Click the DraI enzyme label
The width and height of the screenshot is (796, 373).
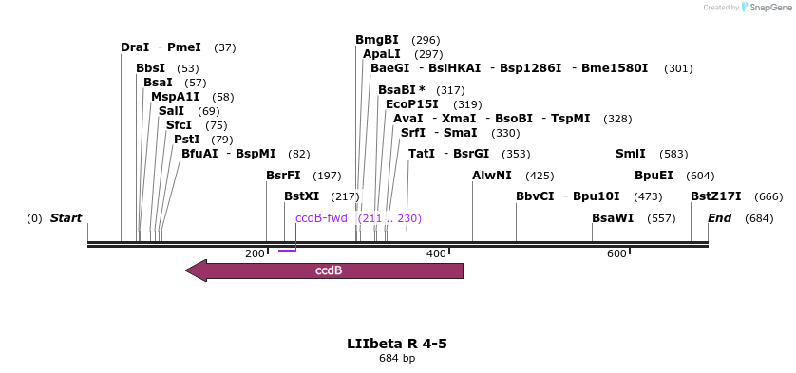coord(134,47)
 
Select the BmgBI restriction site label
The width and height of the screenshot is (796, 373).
coord(377,40)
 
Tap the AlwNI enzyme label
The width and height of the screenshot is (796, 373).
coord(492,176)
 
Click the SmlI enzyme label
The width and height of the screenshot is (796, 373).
coord(631,154)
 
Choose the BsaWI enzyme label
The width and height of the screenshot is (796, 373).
coord(613,218)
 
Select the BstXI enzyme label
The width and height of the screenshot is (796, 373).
coord(302,196)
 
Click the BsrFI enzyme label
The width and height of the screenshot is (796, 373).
coord(283,176)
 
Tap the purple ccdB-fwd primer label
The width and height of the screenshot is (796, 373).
coord(321,218)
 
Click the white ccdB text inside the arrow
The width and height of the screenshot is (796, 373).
coord(329,270)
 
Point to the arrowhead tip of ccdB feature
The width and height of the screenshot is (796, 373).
coord(187,270)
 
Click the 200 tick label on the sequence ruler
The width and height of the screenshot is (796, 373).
coord(255,253)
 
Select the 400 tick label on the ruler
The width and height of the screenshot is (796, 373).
coord(436,253)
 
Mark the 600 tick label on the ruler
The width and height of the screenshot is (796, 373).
coord(616,253)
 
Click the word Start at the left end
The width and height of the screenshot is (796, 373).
coord(66,218)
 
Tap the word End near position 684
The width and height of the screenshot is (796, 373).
coord(719,218)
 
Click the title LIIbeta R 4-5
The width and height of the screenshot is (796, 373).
coord(397,343)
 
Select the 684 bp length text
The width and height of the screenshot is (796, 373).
coord(397,359)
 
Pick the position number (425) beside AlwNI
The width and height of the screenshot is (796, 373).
coord(539,176)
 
